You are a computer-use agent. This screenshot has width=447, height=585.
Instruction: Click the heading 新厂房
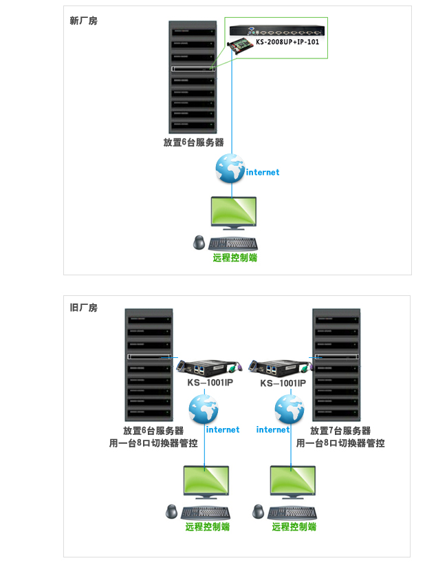click(x=84, y=21)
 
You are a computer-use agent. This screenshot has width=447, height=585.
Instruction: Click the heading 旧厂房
click(x=84, y=308)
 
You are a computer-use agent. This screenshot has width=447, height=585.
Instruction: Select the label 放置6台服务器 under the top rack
click(x=193, y=143)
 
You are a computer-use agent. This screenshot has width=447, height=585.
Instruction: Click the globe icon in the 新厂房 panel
click(x=230, y=168)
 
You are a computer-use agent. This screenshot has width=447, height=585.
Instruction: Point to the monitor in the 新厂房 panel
click(x=232, y=213)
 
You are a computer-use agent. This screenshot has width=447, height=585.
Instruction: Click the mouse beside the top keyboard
click(x=199, y=243)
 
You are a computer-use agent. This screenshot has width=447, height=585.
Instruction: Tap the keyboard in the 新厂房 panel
click(x=232, y=243)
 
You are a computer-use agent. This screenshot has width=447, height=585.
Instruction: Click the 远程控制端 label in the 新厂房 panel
click(x=235, y=258)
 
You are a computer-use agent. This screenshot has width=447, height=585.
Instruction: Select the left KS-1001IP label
click(x=210, y=383)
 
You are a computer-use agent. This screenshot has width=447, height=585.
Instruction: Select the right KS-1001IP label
click(x=283, y=383)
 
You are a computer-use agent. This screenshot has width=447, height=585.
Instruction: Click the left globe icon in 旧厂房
click(x=203, y=409)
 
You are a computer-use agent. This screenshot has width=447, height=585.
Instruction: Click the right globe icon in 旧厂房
click(x=290, y=409)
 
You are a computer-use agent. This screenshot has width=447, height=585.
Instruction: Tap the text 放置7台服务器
click(x=340, y=431)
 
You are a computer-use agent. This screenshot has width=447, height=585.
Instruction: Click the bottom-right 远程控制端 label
click(x=294, y=527)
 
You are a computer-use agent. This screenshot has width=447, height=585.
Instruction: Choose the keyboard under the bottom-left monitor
click(x=206, y=513)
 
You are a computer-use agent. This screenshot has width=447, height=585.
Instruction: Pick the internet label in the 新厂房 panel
click(x=263, y=172)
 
